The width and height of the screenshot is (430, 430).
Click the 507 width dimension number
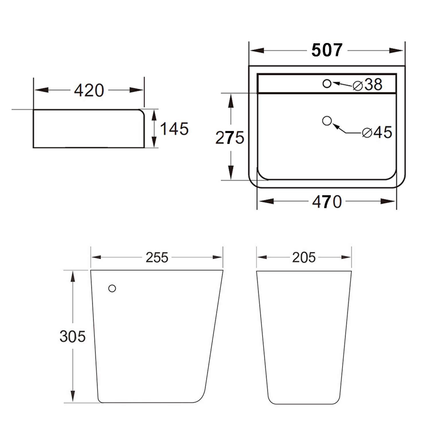[327, 50]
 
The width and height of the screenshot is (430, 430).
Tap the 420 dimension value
[89, 90]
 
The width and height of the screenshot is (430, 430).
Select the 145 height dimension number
[174, 129]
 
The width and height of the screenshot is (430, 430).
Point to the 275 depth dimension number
[230, 138]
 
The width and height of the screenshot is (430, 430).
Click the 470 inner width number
[327, 202]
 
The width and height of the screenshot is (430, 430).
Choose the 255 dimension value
[157, 257]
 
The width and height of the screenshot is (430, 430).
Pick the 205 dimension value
[304, 257]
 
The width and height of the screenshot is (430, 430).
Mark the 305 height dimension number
[73, 336]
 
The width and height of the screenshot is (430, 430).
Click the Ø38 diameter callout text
[368, 85]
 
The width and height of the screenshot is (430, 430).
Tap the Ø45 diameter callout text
[377, 132]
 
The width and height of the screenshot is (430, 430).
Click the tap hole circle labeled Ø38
[327, 84]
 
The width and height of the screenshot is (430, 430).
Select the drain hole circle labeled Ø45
[327, 121]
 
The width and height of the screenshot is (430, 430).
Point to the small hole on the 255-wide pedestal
[112, 288]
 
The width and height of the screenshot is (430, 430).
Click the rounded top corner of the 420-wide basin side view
[141, 112]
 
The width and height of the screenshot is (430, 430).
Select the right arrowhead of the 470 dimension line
[388, 201]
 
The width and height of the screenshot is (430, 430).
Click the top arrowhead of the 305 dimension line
[73, 276]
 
